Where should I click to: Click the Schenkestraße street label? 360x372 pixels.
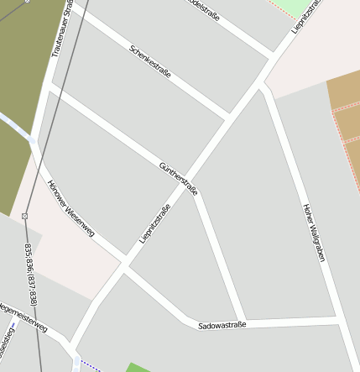[151, 61]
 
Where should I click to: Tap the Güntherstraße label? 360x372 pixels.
[178, 179]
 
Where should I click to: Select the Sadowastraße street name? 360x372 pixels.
[222, 324]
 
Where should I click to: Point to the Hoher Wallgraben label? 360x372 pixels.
[313, 233]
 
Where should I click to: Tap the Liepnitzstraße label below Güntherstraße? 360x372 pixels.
[154, 224]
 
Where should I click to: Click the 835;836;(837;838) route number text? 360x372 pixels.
[31, 274]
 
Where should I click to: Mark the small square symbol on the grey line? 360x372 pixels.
[25, 216]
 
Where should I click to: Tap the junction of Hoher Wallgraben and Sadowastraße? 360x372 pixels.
[340, 321]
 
